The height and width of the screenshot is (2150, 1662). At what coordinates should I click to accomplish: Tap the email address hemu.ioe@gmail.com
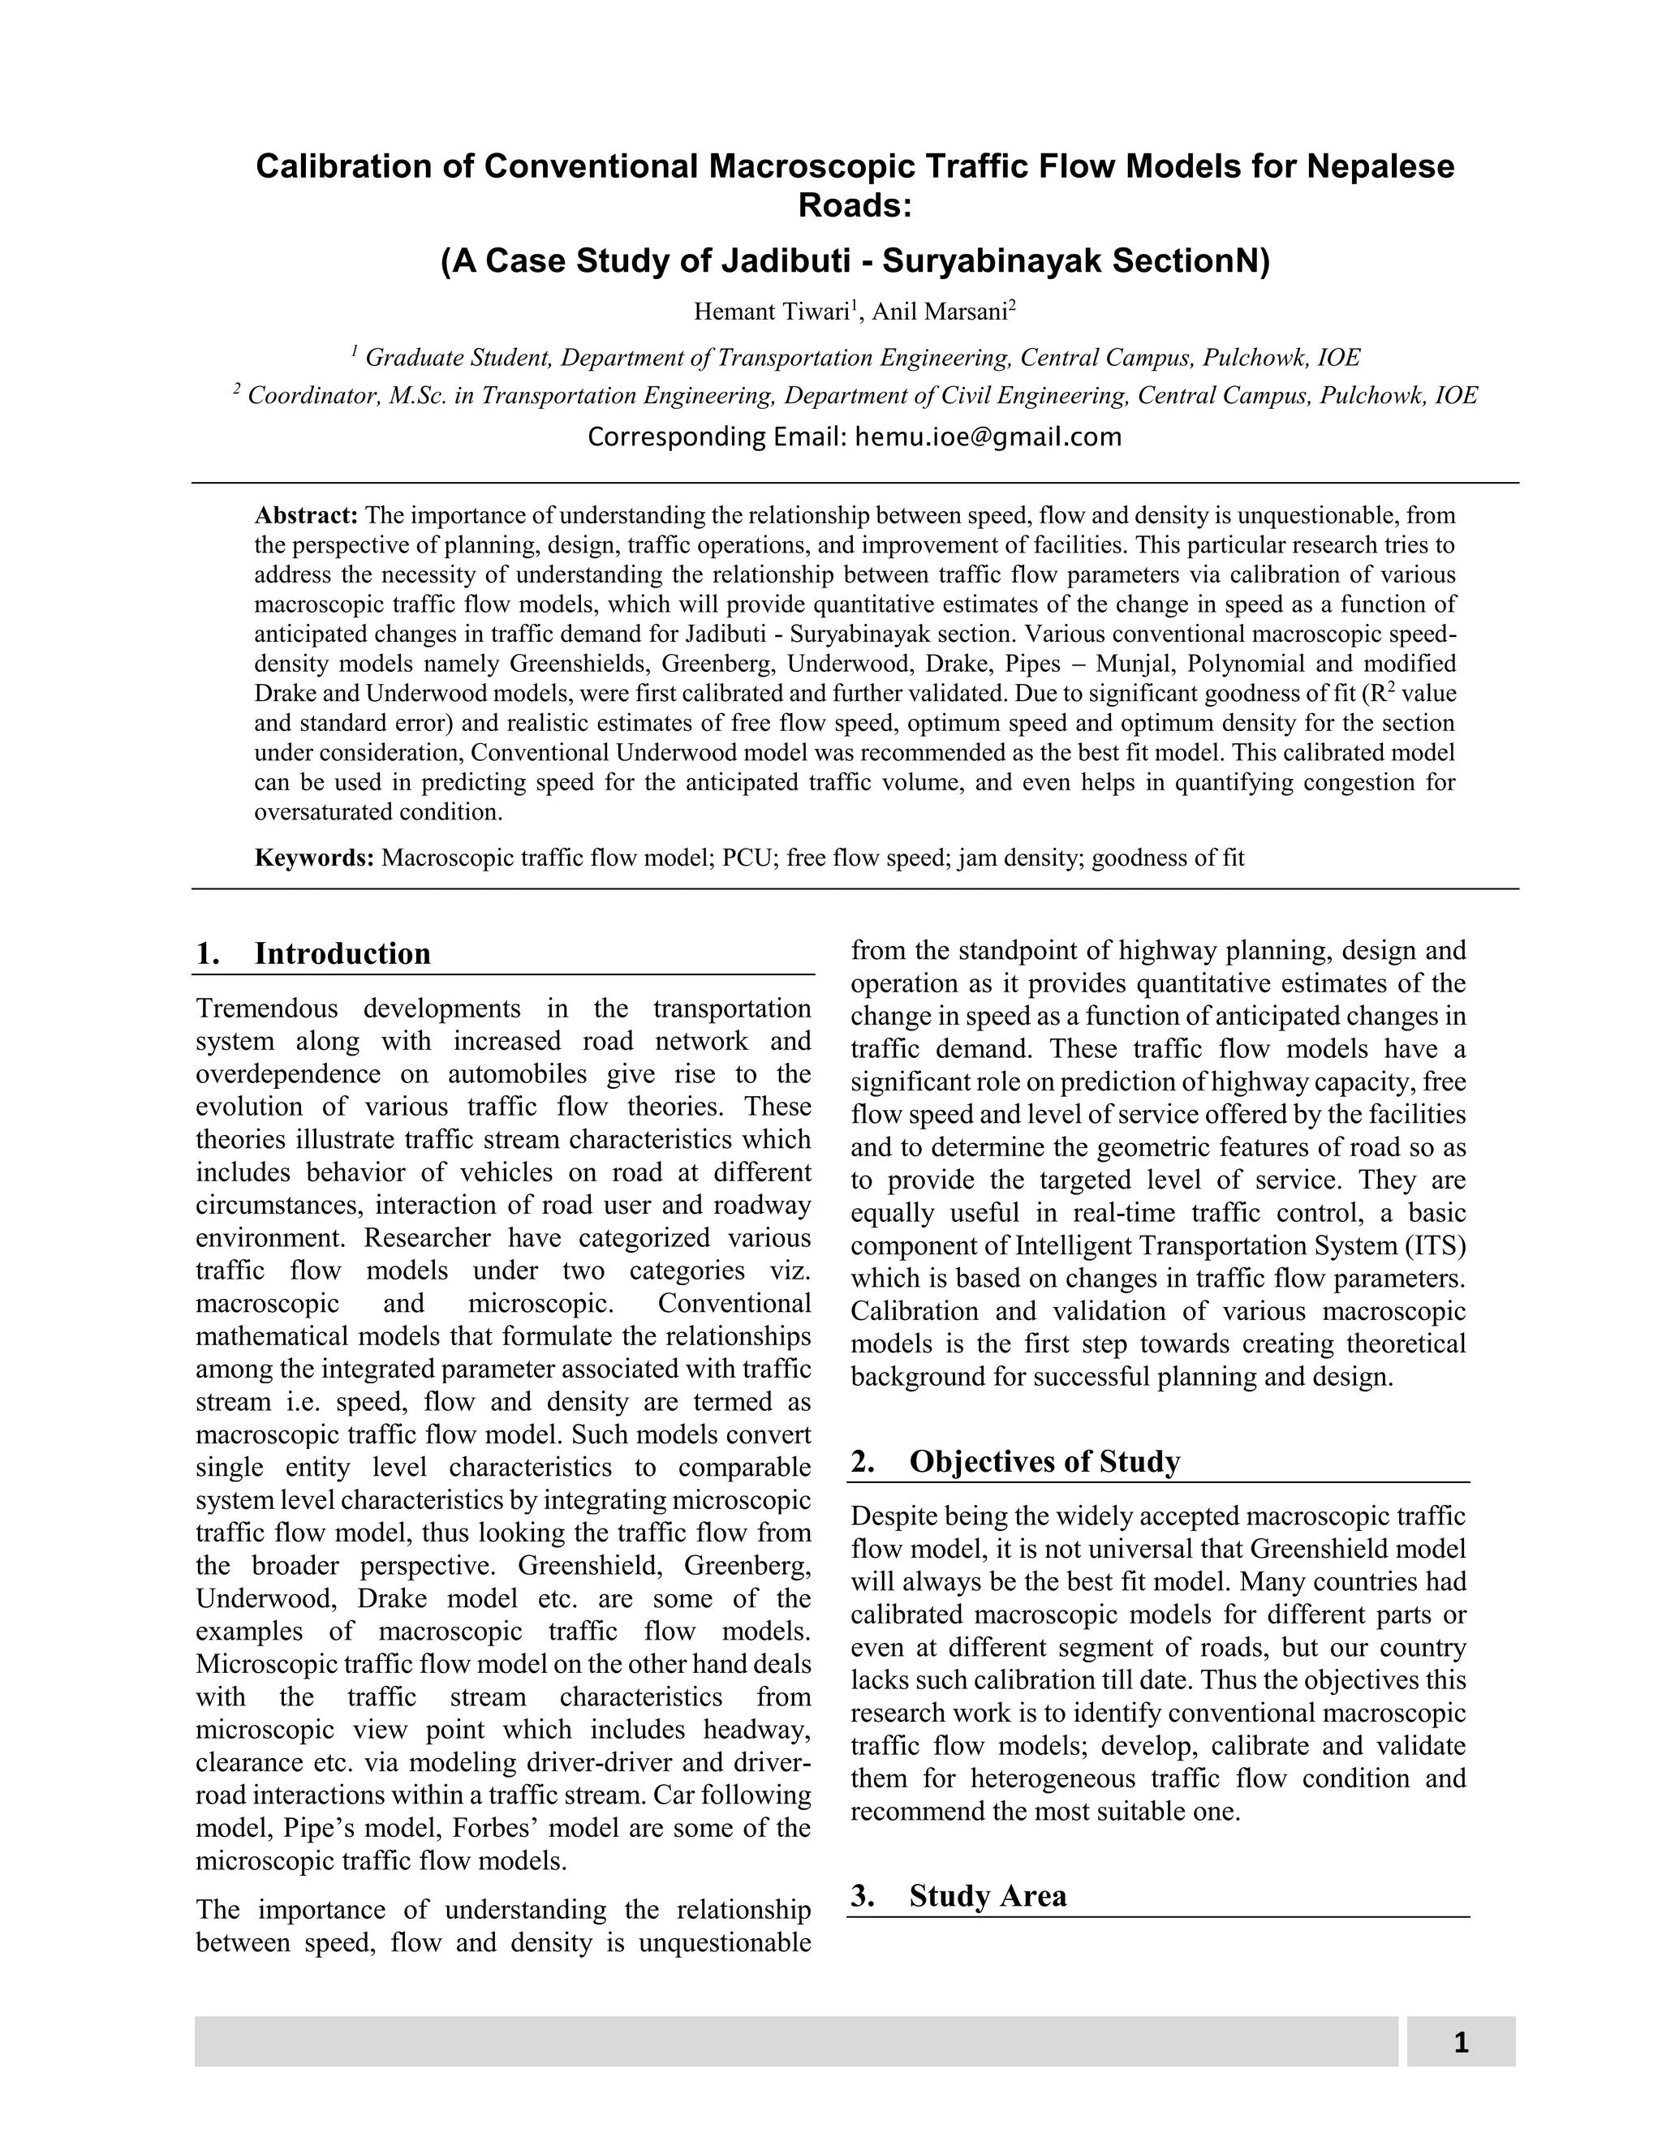click(988, 437)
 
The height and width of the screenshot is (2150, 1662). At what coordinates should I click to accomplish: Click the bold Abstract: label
click(305, 516)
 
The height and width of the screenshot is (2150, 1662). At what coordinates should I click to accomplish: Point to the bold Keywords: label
click(313, 858)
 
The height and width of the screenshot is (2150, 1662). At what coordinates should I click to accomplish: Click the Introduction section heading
click(342, 954)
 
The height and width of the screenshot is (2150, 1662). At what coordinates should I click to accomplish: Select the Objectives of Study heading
click(1044, 1462)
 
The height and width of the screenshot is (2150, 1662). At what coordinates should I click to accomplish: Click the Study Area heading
click(987, 1896)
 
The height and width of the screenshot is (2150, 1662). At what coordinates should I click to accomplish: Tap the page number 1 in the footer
click(1460, 2043)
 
